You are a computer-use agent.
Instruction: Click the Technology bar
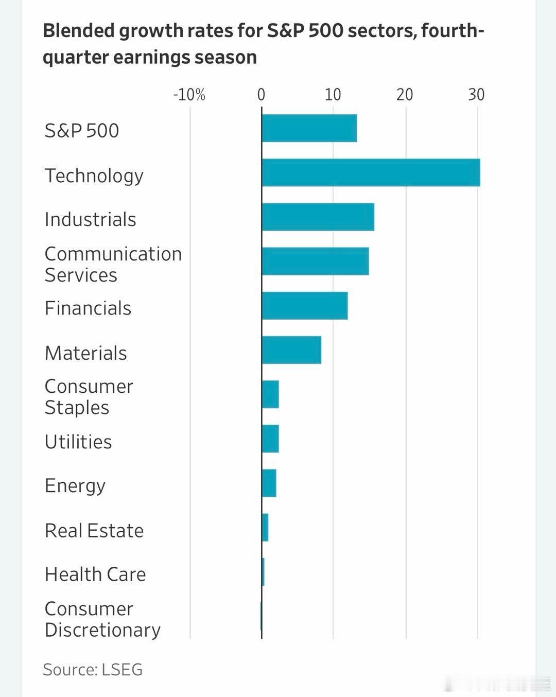[x=371, y=172]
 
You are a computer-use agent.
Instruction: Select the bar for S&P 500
[x=309, y=128]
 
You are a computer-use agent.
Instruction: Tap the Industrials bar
[x=318, y=217]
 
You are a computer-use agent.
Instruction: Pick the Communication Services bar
[x=315, y=261]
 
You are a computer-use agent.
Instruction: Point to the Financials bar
[x=304, y=305]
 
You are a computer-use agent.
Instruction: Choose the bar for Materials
[x=291, y=350]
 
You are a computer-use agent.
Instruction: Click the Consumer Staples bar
[x=270, y=394]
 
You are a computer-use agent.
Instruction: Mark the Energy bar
[x=269, y=483]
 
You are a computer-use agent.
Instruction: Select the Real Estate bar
[x=265, y=527]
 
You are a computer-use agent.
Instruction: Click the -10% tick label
[x=189, y=95]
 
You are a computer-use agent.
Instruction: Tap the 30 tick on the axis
[x=476, y=95]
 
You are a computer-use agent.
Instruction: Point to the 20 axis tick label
[x=405, y=95]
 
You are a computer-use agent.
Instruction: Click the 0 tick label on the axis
[x=261, y=95]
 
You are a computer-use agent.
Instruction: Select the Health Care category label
[x=95, y=574]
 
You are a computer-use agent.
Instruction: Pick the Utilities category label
[x=78, y=442]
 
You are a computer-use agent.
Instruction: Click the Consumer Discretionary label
[x=102, y=619]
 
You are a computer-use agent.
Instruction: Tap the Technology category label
[x=94, y=176]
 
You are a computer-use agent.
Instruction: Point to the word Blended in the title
[x=78, y=31]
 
